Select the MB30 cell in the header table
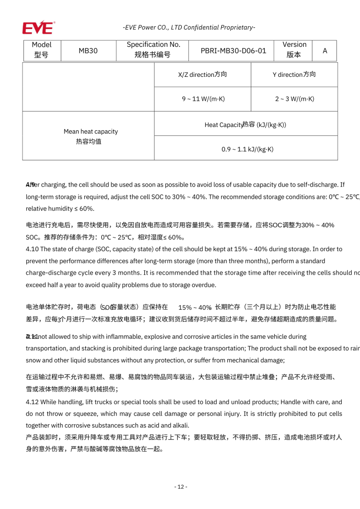tap(88, 51)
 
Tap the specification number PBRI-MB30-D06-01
tap(233, 51)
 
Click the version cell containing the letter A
tap(324, 51)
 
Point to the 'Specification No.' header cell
tap(153, 50)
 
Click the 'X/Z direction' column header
tap(202, 75)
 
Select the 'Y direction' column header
tap(294, 75)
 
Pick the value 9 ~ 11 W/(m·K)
tap(202, 99)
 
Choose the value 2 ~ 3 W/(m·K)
tap(294, 99)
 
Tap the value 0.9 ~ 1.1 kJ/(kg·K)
tap(247, 149)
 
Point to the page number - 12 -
tap(180, 487)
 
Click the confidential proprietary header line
tap(189, 27)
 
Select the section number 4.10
tap(32, 249)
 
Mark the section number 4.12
tap(32, 402)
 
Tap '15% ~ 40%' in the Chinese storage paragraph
tap(195, 307)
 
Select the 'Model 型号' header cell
tap(42, 50)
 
